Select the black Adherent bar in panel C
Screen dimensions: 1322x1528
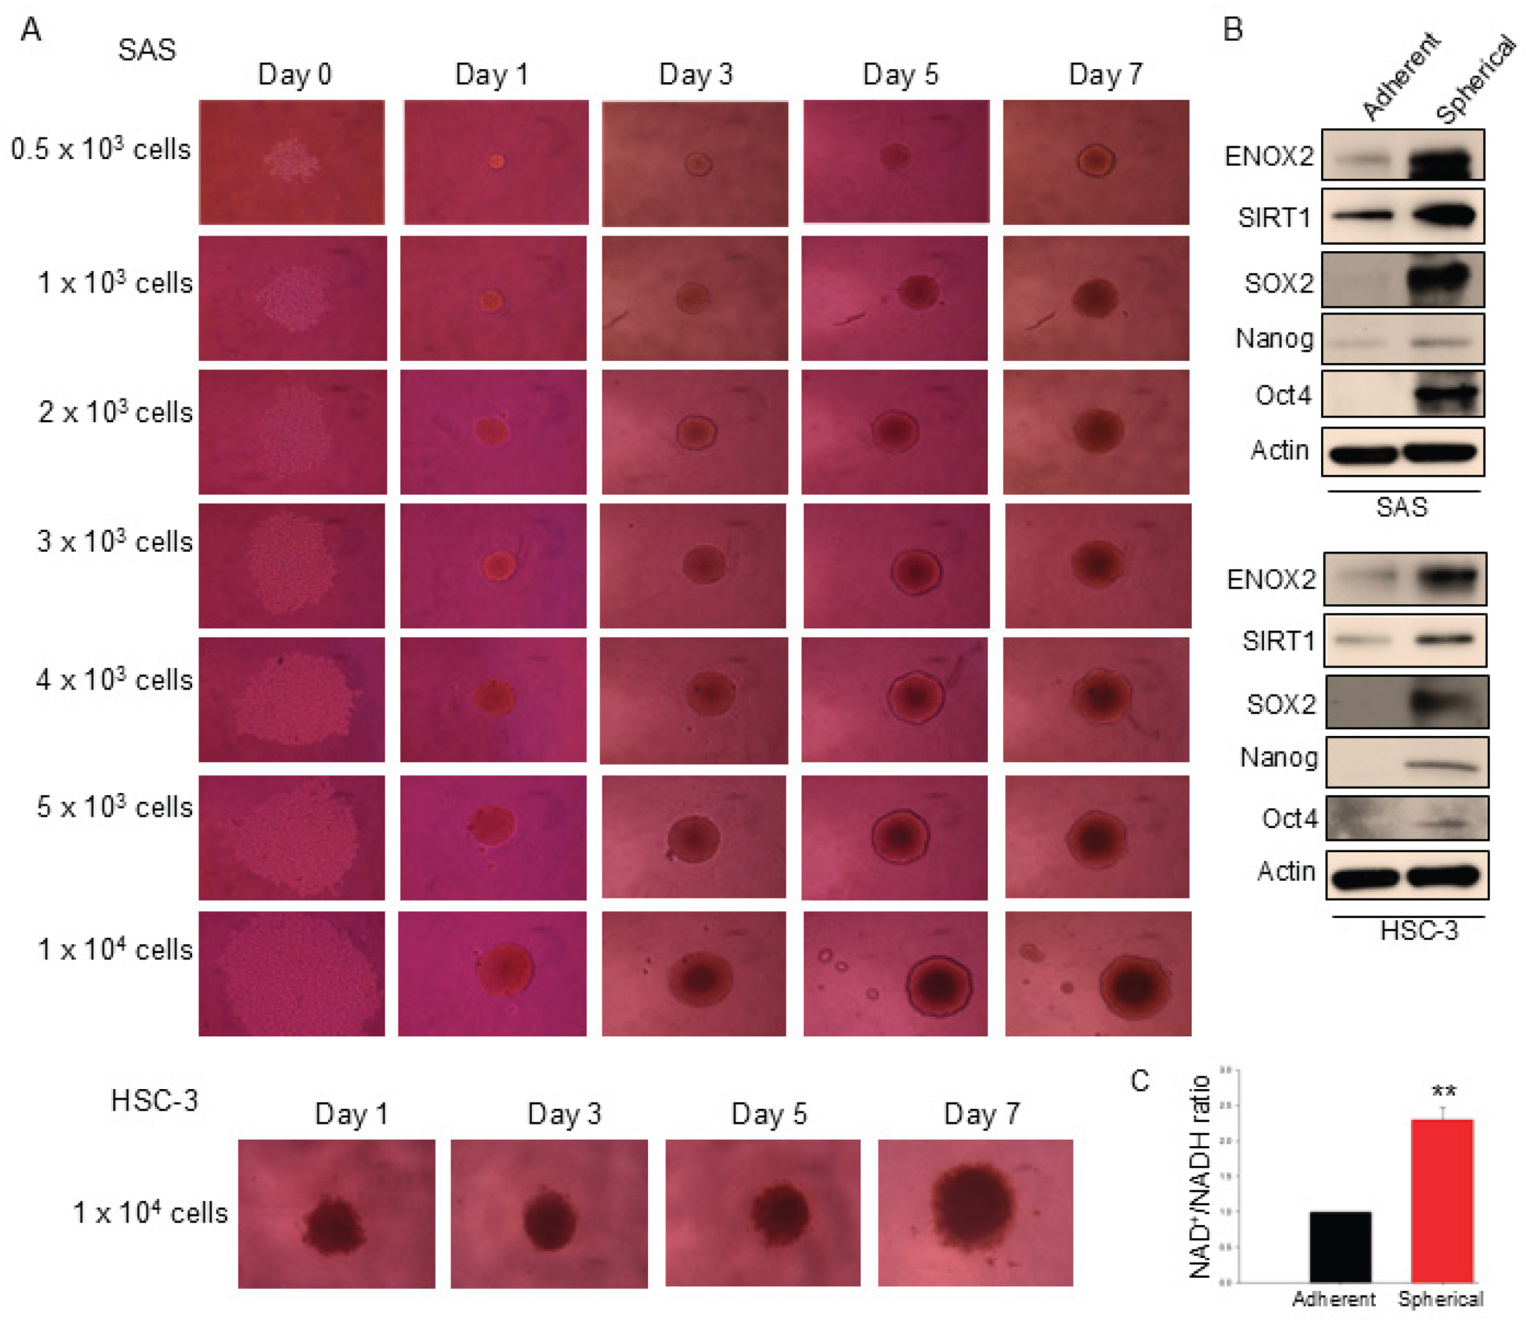[1340, 1247]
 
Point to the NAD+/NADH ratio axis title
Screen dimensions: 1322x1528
[1200, 1177]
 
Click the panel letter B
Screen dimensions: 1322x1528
[1233, 30]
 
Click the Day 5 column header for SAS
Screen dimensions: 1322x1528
[900, 75]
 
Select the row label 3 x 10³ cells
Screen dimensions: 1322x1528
[114, 542]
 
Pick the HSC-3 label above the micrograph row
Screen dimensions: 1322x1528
[154, 1100]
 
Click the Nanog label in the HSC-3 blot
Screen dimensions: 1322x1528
[1279, 758]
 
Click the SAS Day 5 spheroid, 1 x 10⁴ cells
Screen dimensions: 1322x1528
[938, 985]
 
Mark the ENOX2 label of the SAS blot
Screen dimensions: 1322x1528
[1268, 156]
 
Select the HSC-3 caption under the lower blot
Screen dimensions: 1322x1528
[1419, 931]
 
